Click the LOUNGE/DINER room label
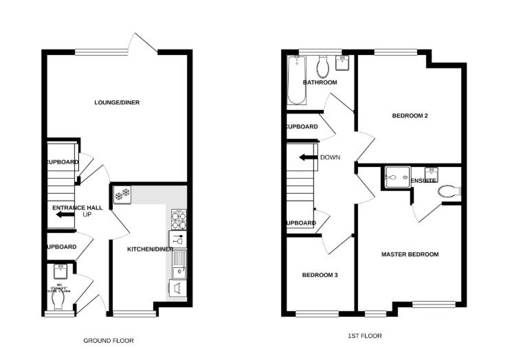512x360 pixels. coord(117,102)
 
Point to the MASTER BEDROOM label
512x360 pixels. coord(410,254)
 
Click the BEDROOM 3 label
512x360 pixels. coord(320,275)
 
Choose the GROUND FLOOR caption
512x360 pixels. coord(109,340)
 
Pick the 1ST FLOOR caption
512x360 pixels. coord(365,336)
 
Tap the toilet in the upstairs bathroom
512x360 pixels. coord(322,67)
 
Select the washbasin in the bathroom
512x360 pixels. coord(342,63)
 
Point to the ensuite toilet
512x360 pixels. coord(449,191)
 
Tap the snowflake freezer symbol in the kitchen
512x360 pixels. coord(123,195)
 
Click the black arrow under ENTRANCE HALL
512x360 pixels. coord(65,215)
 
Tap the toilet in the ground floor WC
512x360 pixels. coord(60,300)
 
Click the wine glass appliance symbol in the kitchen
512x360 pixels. coord(178,240)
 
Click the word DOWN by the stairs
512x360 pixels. coord(330,157)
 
